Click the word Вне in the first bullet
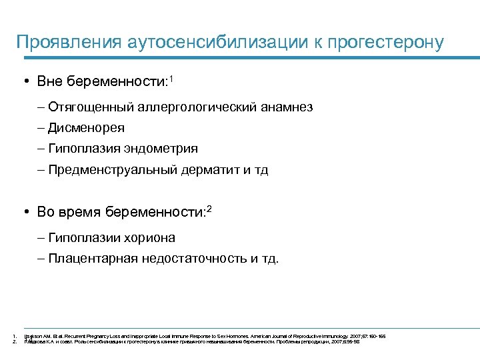[x=50, y=81]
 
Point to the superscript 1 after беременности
[x=171, y=78]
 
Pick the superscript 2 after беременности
[x=209, y=209]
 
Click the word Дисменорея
[x=86, y=127]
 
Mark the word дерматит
[x=209, y=169]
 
